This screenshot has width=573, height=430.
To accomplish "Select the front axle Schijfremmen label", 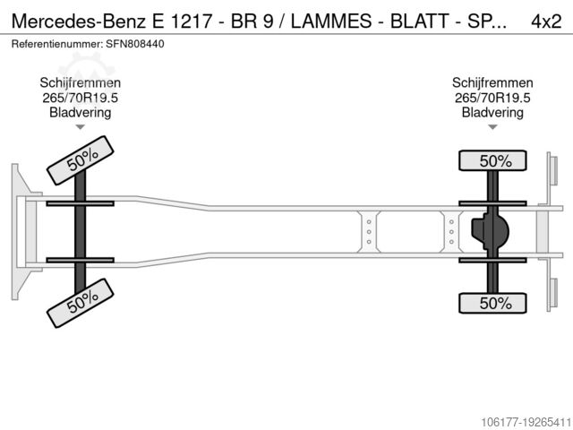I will click(x=80, y=83).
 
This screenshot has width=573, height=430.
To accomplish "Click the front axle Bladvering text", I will click(x=80, y=112).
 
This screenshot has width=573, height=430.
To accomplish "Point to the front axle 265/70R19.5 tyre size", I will click(x=80, y=98).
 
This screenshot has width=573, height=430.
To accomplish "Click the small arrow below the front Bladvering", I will click(x=80, y=128).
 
